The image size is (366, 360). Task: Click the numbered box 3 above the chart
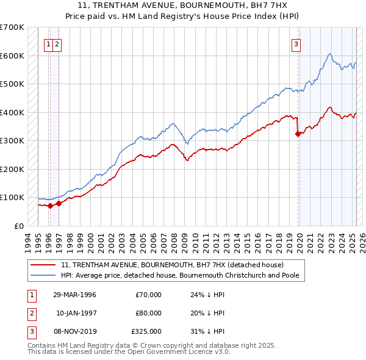click(x=296, y=43)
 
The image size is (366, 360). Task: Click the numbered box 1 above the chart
click(x=48, y=43)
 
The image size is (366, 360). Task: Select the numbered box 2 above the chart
click(x=56, y=43)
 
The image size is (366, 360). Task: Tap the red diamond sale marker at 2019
click(x=298, y=134)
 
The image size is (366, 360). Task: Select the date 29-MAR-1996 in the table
click(x=74, y=295)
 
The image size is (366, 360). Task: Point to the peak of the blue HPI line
click(x=329, y=54)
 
